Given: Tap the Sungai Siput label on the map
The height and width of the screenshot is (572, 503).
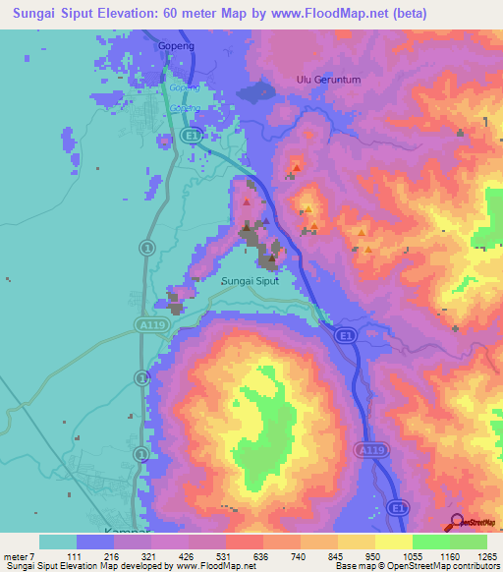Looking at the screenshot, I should (250, 280).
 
